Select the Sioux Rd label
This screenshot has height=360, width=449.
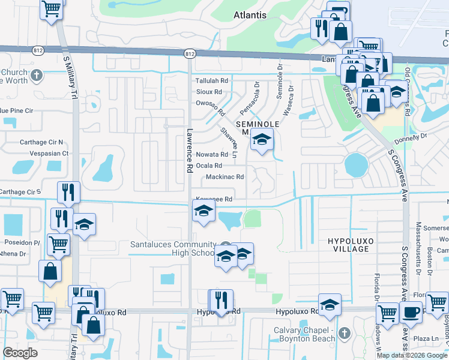click(x=209, y=92)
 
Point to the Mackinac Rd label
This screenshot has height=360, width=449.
click(x=224, y=177)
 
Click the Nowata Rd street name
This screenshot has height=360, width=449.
click(x=212, y=155)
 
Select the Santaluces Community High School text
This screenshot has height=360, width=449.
click(x=173, y=249)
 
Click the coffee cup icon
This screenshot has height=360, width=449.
click(x=411, y=312)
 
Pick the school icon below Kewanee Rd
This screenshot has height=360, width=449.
click(x=204, y=211)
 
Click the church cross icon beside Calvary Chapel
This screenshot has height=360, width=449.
click(x=344, y=333)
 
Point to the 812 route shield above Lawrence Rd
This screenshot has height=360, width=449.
click(x=190, y=54)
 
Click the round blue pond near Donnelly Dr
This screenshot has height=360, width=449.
click(x=355, y=163)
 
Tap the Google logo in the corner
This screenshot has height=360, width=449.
click(x=20, y=353)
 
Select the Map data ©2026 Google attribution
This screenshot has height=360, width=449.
click(x=412, y=355)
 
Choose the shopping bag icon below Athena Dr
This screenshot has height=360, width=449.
click(x=50, y=271)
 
